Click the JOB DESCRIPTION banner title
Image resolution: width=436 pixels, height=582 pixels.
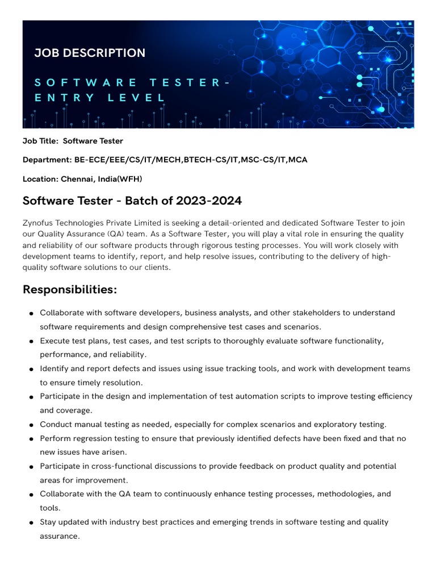90,53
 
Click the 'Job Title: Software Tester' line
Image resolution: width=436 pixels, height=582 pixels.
73,141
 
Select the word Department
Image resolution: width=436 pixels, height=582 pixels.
46,160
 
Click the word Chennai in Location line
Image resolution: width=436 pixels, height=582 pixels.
78,179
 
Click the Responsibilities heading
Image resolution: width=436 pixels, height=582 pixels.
70,290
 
